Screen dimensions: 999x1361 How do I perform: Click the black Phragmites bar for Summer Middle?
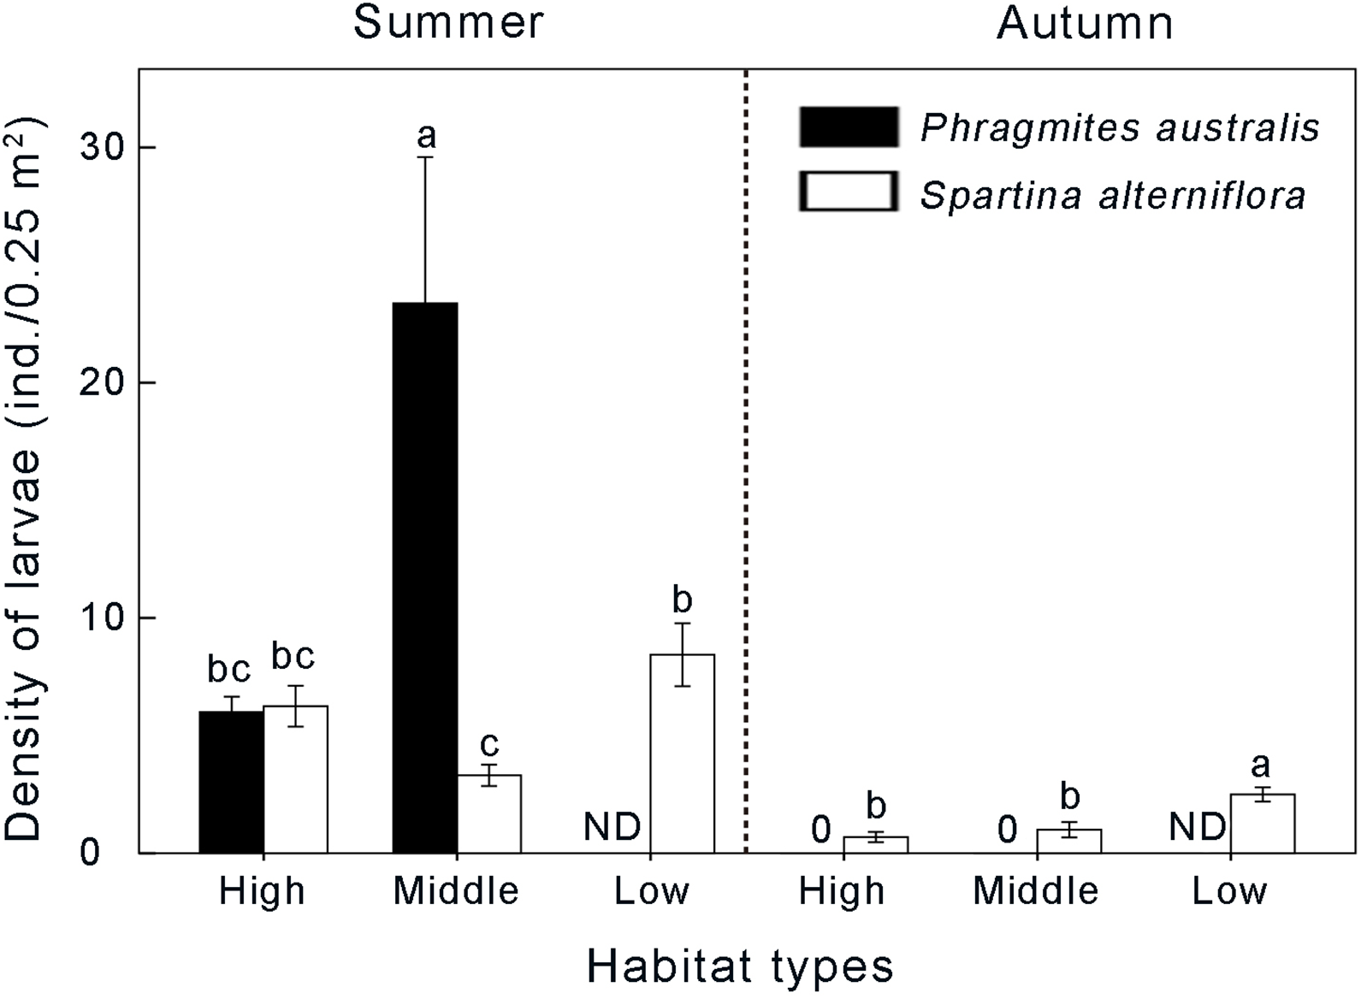[x=425, y=577]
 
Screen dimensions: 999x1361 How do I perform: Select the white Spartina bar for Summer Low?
[x=682, y=754]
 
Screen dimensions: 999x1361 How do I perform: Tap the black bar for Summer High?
[x=231, y=782]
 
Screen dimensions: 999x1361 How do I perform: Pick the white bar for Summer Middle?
[x=488, y=813]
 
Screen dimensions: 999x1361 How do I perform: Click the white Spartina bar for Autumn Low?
[x=1262, y=824]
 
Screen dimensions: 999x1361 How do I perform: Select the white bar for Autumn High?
[x=875, y=844]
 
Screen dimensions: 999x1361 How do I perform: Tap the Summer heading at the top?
[x=448, y=22]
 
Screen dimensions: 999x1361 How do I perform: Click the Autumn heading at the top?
[x=1085, y=23]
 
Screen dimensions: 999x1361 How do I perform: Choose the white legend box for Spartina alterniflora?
[x=848, y=192]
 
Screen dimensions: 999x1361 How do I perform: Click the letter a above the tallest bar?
[x=426, y=135]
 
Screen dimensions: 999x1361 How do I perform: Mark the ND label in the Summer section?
[x=612, y=827]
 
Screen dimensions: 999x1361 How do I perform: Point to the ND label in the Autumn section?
[x=1197, y=827]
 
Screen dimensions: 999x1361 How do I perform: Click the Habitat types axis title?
[x=740, y=967]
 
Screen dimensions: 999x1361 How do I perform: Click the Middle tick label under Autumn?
[x=1035, y=891]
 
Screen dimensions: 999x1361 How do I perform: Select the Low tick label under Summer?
[x=651, y=891]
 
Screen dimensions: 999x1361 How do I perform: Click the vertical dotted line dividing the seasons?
[x=747, y=462]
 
